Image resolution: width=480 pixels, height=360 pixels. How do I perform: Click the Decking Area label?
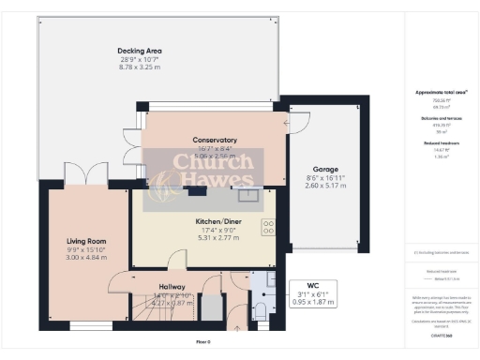(x=141, y=50)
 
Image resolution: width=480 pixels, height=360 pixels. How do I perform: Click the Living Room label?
(x=85, y=241)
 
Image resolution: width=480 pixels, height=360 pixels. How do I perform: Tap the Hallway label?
(x=172, y=286)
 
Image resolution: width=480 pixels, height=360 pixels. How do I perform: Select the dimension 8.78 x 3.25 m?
(x=141, y=67)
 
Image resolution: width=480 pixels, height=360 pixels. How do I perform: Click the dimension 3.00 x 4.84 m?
(x=85, y=257)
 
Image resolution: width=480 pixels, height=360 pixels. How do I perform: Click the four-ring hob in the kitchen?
(x=268, y=227)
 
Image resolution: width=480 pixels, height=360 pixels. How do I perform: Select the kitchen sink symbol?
(x=248, y=195)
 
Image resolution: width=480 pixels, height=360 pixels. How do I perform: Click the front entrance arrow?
(x=235, y=327)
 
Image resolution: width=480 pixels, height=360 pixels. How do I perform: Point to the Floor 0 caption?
(x=203, y=342)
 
